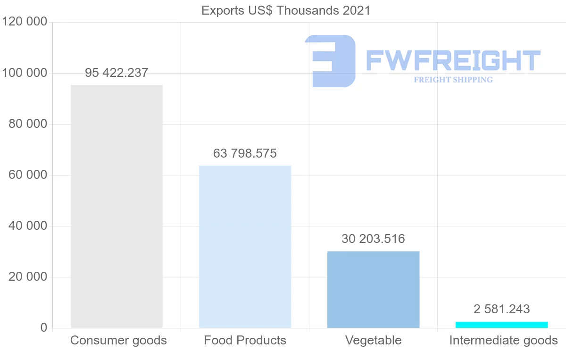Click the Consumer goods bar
pyautogui.click(x=117, y=206)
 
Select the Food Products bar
pyautogui.click(x=245, y=247)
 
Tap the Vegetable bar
pyautogui.click(x=373, y=289)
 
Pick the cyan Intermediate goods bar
pyautogui.click(x=501, y=325)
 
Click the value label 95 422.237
pyautogui.click(x=117, y=73)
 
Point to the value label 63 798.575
pyautogui.click(x=245, y=154)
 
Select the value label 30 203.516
pyautogui.click(x=373, y=239)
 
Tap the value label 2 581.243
pyautogui.click(x=501, y=310)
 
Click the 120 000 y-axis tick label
pyautogui.click(x=25, y=22)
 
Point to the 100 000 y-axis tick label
pyautogui.click(x=25, y=73)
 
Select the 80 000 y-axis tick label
pyautogui.click(x=28, y=124)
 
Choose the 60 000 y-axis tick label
pyautogui.click(x=28, y=175)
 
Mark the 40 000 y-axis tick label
pyautogui.click(x=28, y=226)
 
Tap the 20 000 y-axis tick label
pyautogui.click(x=28, y=277)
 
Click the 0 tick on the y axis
pyautogui.click(x=43, y=328)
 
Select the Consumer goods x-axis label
pyautogui.click(x=118, y=340)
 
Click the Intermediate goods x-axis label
pyautogui.click(x=503, y=340)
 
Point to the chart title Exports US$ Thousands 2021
pyautogui.click(x=286, y=10)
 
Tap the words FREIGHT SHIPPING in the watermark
pyautogui.click(x=453, y=80)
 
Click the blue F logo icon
pyautogui.click(x=330, y=61)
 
